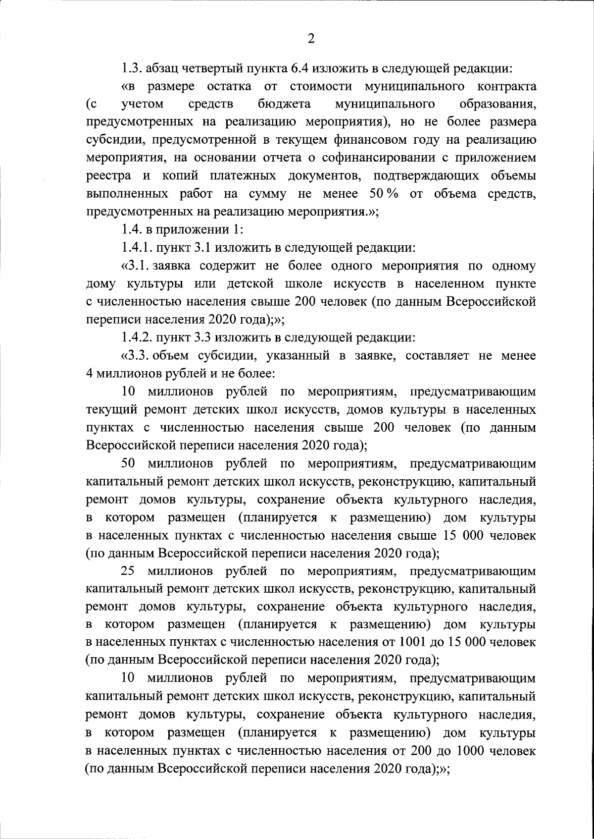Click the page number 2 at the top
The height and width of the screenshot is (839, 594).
(x=311, y=39)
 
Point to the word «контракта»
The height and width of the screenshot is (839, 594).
(x=507, y=87)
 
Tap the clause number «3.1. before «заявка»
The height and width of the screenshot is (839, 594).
(x=136, y=266)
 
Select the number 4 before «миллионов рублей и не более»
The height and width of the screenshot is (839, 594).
(x=90, y=374)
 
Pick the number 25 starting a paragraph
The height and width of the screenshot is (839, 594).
(x=128, y=571)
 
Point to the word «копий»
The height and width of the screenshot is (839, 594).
(x=180, y=176)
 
